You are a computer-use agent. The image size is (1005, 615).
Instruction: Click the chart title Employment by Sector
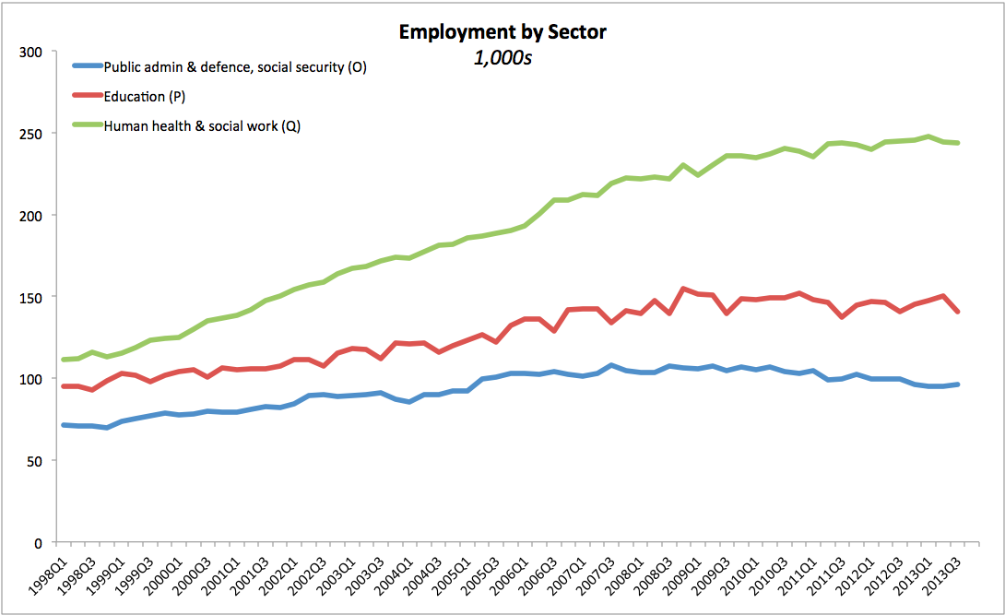click(502, 32)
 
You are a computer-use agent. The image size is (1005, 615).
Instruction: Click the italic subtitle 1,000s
click(502, 57)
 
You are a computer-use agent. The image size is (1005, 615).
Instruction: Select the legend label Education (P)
click(146, 96)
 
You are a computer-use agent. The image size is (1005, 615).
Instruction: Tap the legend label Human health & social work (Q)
click(202, 126)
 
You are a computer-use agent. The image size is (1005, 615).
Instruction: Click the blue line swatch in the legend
click(87, 66)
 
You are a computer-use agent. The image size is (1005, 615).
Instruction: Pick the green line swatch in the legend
click(87, 126)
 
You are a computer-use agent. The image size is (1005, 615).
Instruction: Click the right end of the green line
click(958, 143)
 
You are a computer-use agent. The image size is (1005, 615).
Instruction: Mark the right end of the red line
click(958, 312)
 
